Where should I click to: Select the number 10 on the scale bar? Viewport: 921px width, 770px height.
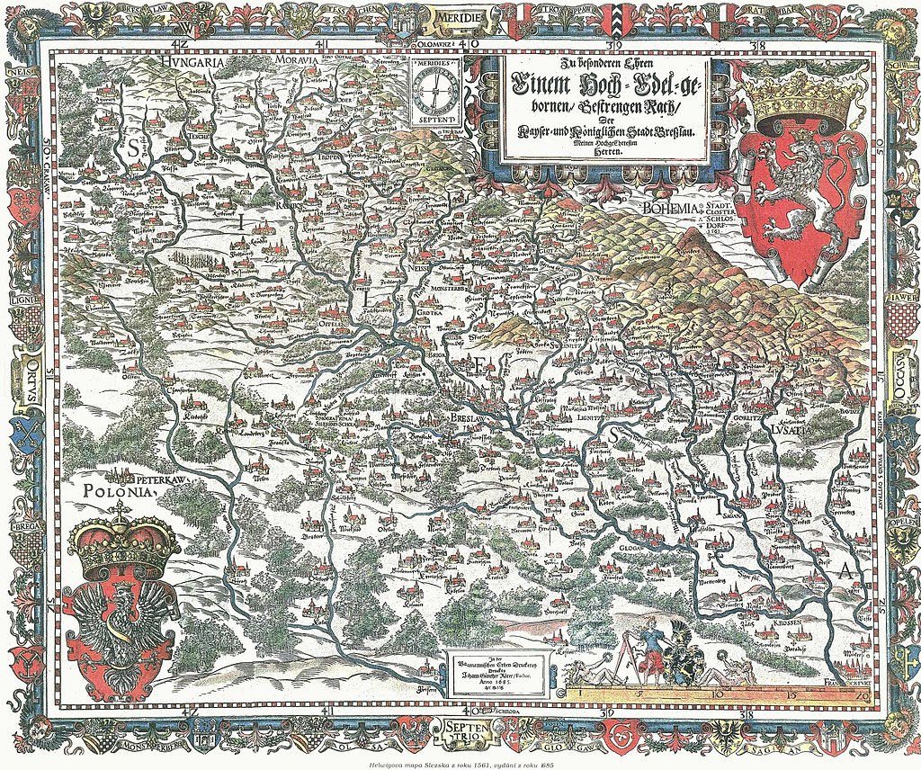717,694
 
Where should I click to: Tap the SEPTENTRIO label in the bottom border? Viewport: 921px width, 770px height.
459,730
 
